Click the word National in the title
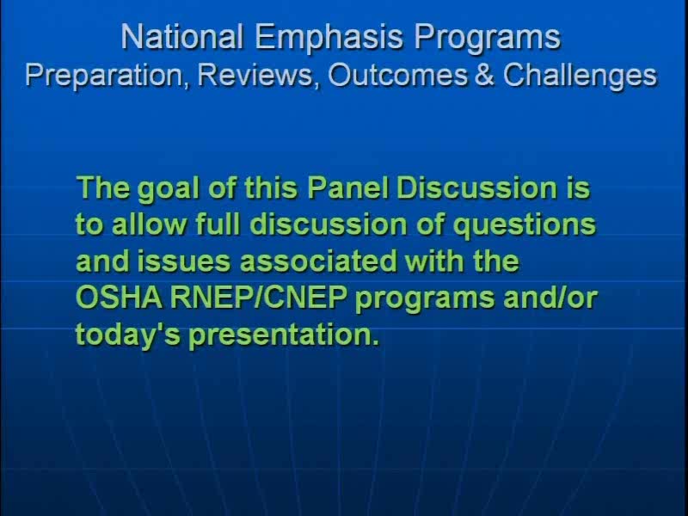181,36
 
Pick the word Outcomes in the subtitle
398,75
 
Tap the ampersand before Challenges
484,75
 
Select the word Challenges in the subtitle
580,77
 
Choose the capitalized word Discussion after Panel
476,187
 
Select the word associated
318,261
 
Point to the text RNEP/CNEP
259,298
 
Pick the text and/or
550,298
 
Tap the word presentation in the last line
284,336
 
